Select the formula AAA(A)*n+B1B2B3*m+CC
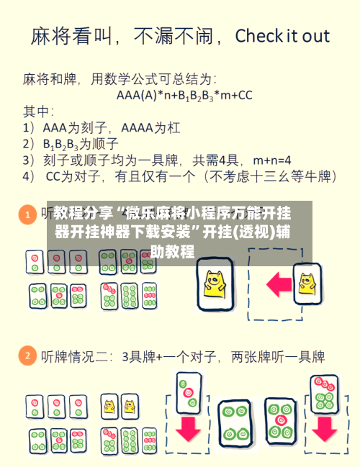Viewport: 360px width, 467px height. [x=184, y=94]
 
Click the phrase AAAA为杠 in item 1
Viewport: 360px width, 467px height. [x=151, y=127]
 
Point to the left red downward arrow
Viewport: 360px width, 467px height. [x=188, y=429]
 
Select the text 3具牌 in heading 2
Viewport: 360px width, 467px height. [x=139, y=356]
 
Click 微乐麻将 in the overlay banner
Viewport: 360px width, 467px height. [x=156, y=214]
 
